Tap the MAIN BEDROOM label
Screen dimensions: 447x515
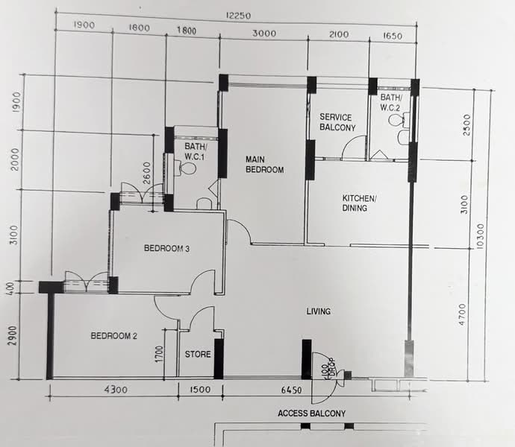pyautogui.click(x=266, y=165)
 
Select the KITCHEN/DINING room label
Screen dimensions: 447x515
pyautogui.click(x=360, y=203)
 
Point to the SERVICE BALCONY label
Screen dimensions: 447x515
pyautogui.click(x=337, y=122)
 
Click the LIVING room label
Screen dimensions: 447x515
pyautogui.click(x=318, y=311)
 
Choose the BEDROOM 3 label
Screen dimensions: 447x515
pyautogui.click(x=166, y=249)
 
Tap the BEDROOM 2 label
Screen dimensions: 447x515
pyautogui.click(x=113, y=336)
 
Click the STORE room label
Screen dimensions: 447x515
pyautogui.click(x=198, y=354)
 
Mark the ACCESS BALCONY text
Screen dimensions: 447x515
pyautogui.click(x=311, y=413)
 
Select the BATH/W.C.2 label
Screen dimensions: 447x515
pyautogui.click(x=391, y=103)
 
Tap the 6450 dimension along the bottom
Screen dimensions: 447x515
pyautogui.click(x=290, y=390)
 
